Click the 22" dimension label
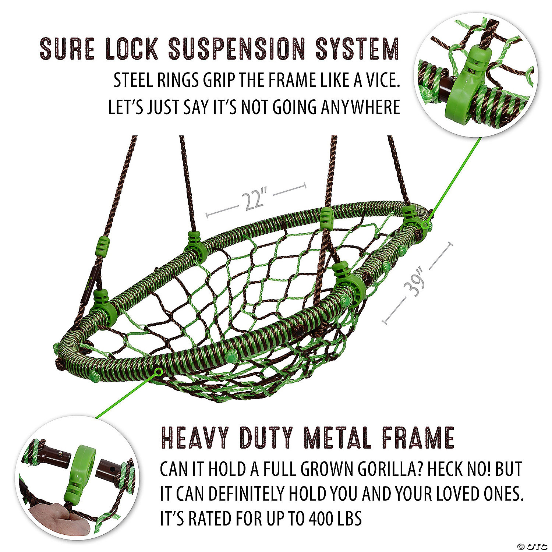[x=254, y=200]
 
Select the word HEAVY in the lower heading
[x=195, y=438]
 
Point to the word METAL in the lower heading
[x=337, y=438]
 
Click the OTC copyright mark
[x=532, y=546]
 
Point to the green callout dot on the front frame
[x=159, y=372]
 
